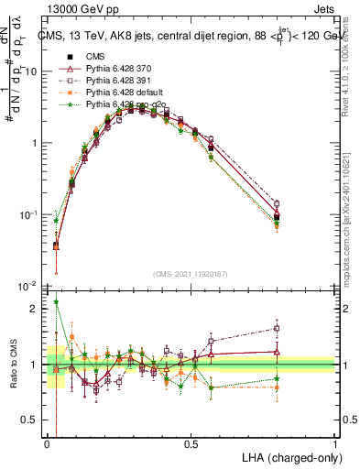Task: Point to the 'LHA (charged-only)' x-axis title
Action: (x=291, y=456)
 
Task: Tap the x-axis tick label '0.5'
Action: (x=191, y=443)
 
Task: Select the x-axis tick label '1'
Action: (x=335, y=443)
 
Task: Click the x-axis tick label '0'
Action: (x=48, y=443)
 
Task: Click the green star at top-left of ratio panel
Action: (x=56, y=301)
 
